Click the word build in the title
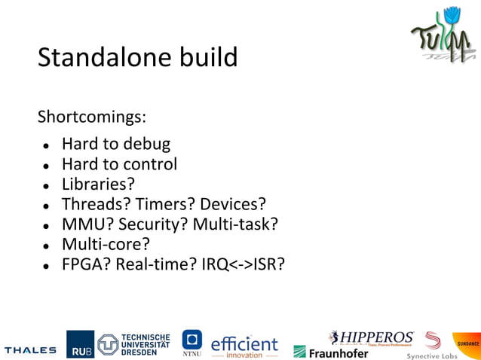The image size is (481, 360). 209,57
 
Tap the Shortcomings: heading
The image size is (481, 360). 91,117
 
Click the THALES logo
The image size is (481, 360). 30,349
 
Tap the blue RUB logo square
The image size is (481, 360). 79,345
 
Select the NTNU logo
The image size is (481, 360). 192,343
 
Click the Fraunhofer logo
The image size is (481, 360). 331,352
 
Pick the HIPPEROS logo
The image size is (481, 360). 371,337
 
